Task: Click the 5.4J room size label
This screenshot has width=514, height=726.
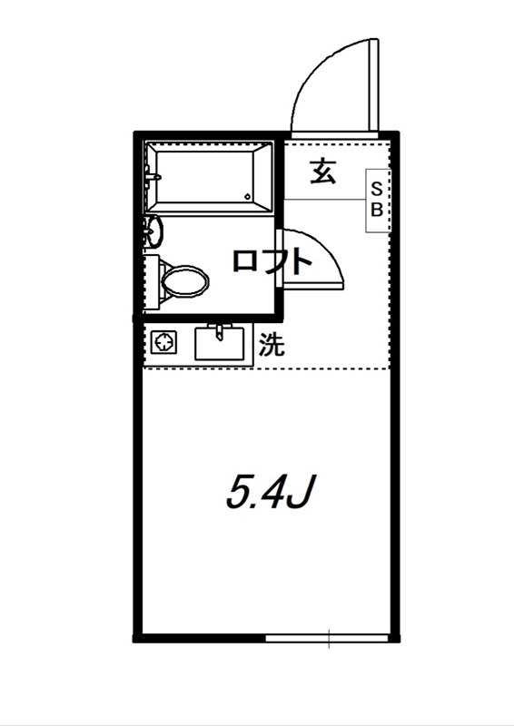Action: click(x=270, y=492)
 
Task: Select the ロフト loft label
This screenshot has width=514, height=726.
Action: click(x=272, y=261)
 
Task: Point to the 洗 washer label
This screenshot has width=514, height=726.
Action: click(x=270, y=345)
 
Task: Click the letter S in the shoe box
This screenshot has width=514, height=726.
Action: click(x=378, y=189)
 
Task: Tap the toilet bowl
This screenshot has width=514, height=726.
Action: click(x=185, y=280)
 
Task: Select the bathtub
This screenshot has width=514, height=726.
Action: click(x=211, y=177)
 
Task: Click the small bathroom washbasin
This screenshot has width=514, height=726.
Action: click(x=154, y=231)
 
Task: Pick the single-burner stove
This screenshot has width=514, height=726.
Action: click(x=164, y=344)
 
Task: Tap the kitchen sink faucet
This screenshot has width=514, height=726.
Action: click(x=219, y=329)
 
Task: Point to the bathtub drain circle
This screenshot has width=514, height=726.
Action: click(x=248, y=196)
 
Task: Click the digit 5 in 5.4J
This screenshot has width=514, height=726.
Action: click(x=239, y=493)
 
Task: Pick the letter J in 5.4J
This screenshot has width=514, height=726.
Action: click(x=302, y=493)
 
